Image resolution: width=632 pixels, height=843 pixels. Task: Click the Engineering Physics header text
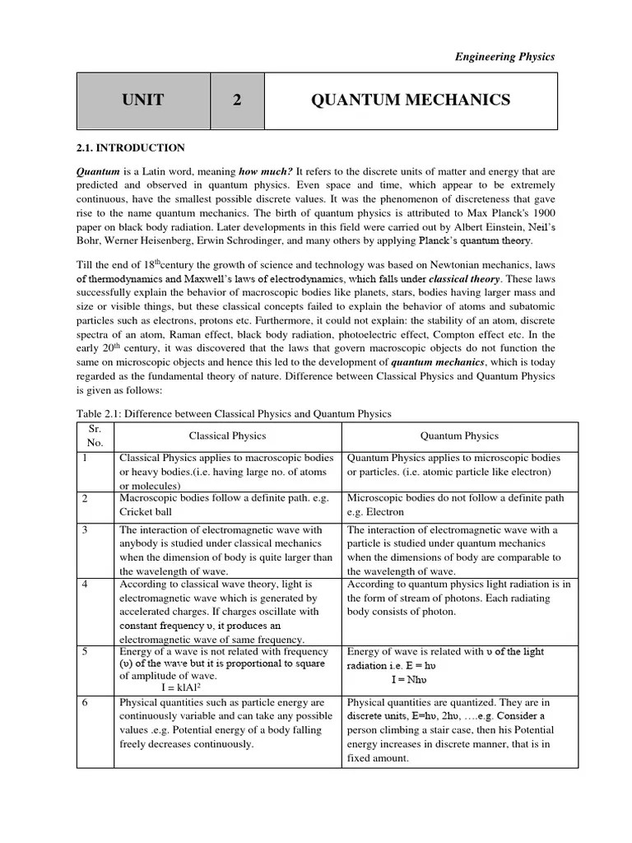pyautogui.click(x=505, y=57)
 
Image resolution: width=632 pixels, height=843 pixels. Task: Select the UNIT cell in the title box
pyautogui.click(x=143, y=100)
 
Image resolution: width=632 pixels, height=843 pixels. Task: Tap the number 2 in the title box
pyautogui.click(x=237, y=100)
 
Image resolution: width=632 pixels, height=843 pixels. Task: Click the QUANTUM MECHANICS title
pyautogui.click(x=411, y=100)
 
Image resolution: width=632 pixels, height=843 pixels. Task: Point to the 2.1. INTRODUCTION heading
pyautogui.click(x=131, y=148)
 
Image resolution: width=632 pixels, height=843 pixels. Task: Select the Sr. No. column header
pyautogui.click(x=97, y=435)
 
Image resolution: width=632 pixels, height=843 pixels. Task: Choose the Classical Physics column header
pyautogui.click(x=228, y=435)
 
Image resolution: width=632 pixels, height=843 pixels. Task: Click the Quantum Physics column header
pyautogui.click(x=459, y=435)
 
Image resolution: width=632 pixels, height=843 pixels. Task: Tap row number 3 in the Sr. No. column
pyautogui.click(x=85, y=529)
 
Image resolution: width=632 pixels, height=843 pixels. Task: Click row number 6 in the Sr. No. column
pyautogui.click(x=85, y=703)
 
